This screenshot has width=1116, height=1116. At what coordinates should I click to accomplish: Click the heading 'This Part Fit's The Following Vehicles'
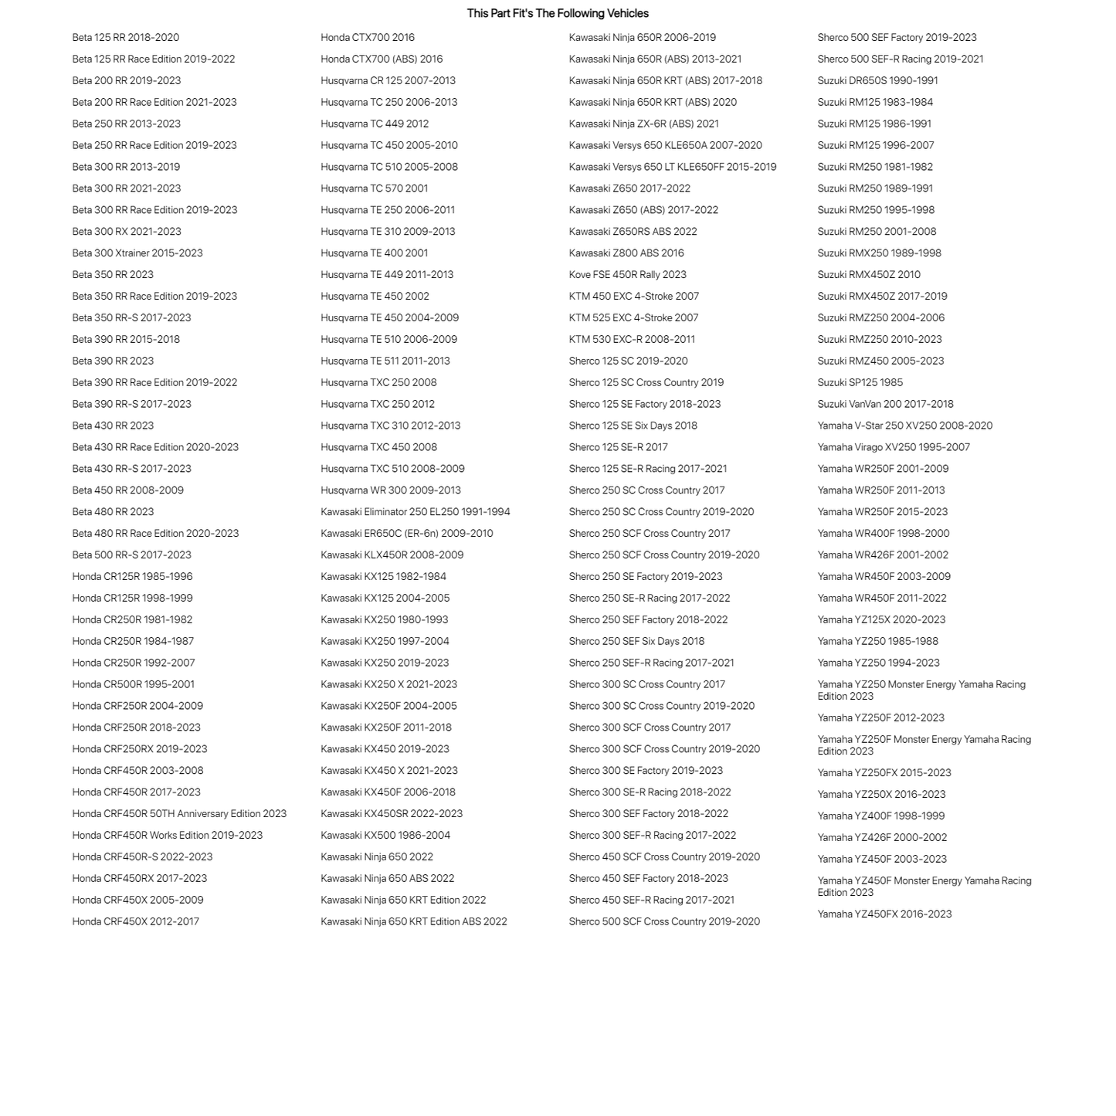coord(558,13)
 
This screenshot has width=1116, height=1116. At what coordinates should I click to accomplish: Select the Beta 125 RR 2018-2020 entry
coord(126,37)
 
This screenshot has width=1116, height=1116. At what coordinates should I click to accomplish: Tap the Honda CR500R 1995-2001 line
coord(134,684)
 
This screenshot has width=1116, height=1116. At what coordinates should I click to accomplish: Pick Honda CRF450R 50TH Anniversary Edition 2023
coord(179,813)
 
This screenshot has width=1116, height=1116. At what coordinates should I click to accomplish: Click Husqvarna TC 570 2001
coord(374,188)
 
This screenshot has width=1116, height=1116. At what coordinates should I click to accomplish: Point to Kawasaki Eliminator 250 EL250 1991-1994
coord(415,511)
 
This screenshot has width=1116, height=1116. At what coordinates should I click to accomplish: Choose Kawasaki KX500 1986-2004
coord(385,835)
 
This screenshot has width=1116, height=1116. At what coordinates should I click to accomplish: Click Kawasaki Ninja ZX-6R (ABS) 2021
coord(643,124)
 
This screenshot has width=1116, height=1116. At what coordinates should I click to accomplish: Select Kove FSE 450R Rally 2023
coord(627,274)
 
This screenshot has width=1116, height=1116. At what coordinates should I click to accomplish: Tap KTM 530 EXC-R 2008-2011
coord(632,339)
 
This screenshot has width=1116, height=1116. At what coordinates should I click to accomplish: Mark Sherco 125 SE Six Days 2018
coord(633,426)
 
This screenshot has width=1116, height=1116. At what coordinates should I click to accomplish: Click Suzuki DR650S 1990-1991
coord(877,80)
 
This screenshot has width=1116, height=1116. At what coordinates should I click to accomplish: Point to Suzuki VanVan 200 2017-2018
coord(885,404)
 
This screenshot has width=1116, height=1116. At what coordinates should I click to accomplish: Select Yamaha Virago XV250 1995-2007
coord(894,447)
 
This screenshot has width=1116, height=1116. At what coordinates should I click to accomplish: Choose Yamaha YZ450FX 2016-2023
coord(884,914)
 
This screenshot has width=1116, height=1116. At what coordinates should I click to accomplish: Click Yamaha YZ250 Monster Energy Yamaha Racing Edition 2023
coord(921,690)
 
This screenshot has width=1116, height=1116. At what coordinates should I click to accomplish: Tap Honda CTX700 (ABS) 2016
coord(382,59)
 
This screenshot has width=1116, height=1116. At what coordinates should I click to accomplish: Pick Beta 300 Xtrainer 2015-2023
coord(137,253)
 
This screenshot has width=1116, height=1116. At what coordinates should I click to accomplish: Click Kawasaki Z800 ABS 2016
coord(626,253)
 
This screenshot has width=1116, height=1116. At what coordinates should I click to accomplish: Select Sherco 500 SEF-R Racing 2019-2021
coord(901,59)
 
